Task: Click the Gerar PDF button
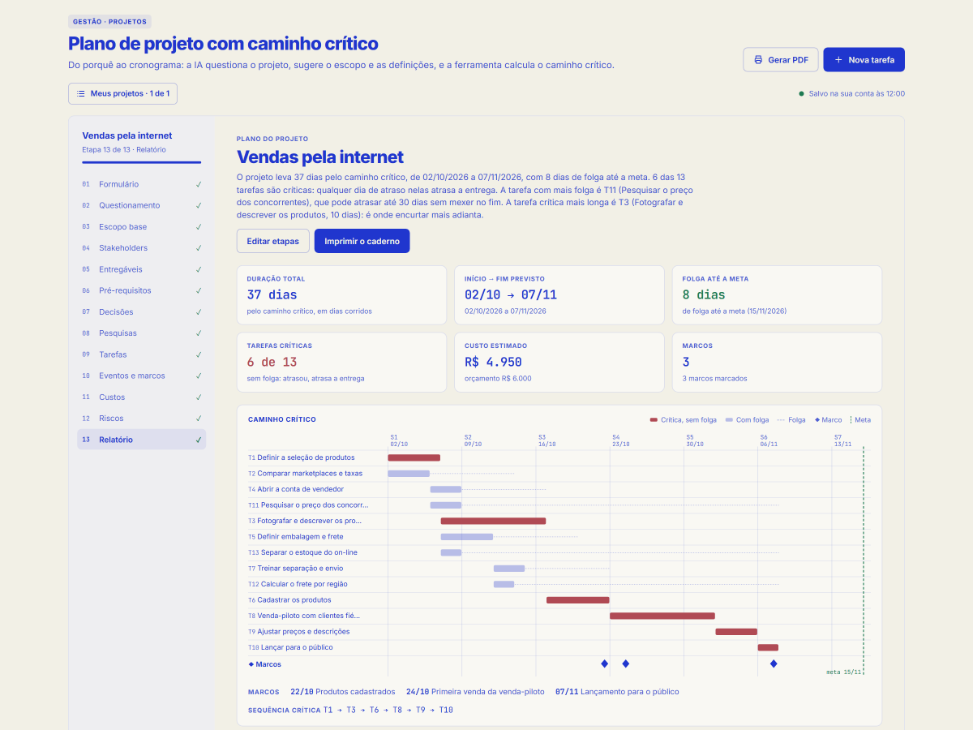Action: [x=780, y=59]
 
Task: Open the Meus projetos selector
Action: [x=122, y=93]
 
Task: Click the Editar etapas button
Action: [x=272, y=241]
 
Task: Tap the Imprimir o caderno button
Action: [x=362, y=241]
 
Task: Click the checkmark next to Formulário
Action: [x=199, y=184]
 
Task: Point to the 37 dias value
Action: [x=272, y=294]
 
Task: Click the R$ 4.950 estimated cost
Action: [x=493, y=362]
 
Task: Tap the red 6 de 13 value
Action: [x=272, y=362]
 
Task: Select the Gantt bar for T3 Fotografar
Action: [x=493, y=521]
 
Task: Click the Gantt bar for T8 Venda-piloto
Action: [x=662, y=616]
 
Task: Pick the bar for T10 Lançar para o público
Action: [x=768, y=647]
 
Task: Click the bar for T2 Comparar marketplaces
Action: [x=409, y=474]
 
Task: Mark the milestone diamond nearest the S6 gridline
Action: [x=774, y=663]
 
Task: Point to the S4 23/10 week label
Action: [x=620, y=440]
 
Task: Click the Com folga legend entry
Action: [x=747, y=419]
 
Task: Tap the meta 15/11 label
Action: [x=843, y=672]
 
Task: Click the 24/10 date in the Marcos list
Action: [x=418, y=691]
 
